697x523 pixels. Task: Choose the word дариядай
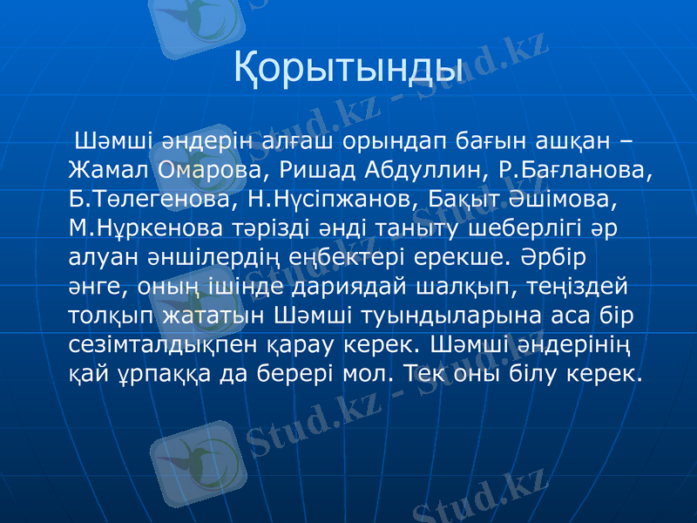coord(310,286)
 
